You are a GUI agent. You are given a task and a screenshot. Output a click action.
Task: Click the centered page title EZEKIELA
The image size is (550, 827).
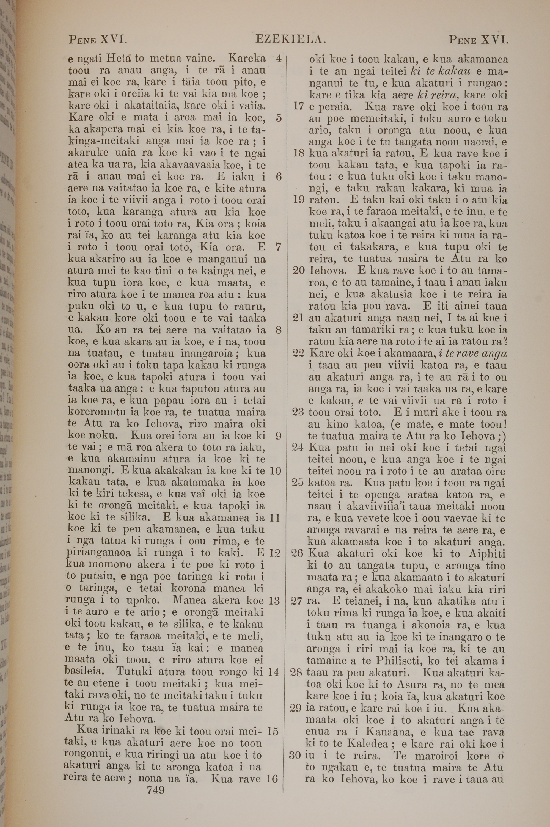291,39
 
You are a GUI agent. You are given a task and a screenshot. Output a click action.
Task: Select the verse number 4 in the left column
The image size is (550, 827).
279,59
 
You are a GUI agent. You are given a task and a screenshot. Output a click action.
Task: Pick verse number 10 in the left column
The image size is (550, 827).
276,470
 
